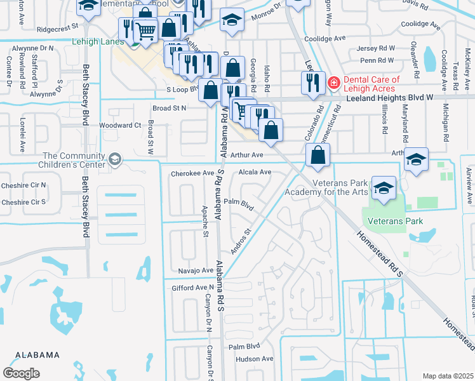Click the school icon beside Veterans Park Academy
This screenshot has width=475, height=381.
(x=384, y=188)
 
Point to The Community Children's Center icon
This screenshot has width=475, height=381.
(x=115, y=159)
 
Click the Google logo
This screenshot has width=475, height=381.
(x=21, y=373)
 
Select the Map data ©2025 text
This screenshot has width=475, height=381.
(x=447, y=376)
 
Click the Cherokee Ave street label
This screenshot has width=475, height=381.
(x=192, y=173)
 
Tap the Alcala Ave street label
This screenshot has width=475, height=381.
(x=255, y=172)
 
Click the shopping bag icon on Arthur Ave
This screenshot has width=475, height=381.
(x=317, y=155)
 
